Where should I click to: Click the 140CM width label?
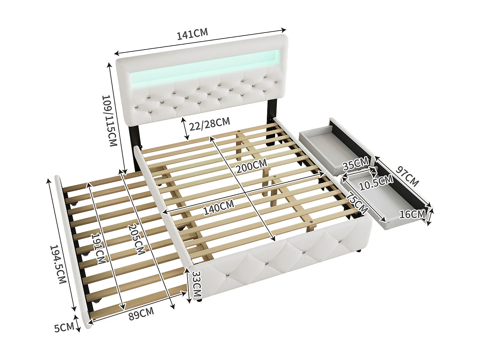tap(219, 207)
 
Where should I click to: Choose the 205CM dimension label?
tap(135, 239)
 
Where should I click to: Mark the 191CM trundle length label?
tap(98, 248)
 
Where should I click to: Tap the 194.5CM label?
tap(58, 264)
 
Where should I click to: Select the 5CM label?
tap(64, 327)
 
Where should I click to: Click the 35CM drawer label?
tap(356, 164)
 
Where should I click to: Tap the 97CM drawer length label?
tap(407, 176)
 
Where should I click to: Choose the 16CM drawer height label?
tap(412, 214)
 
